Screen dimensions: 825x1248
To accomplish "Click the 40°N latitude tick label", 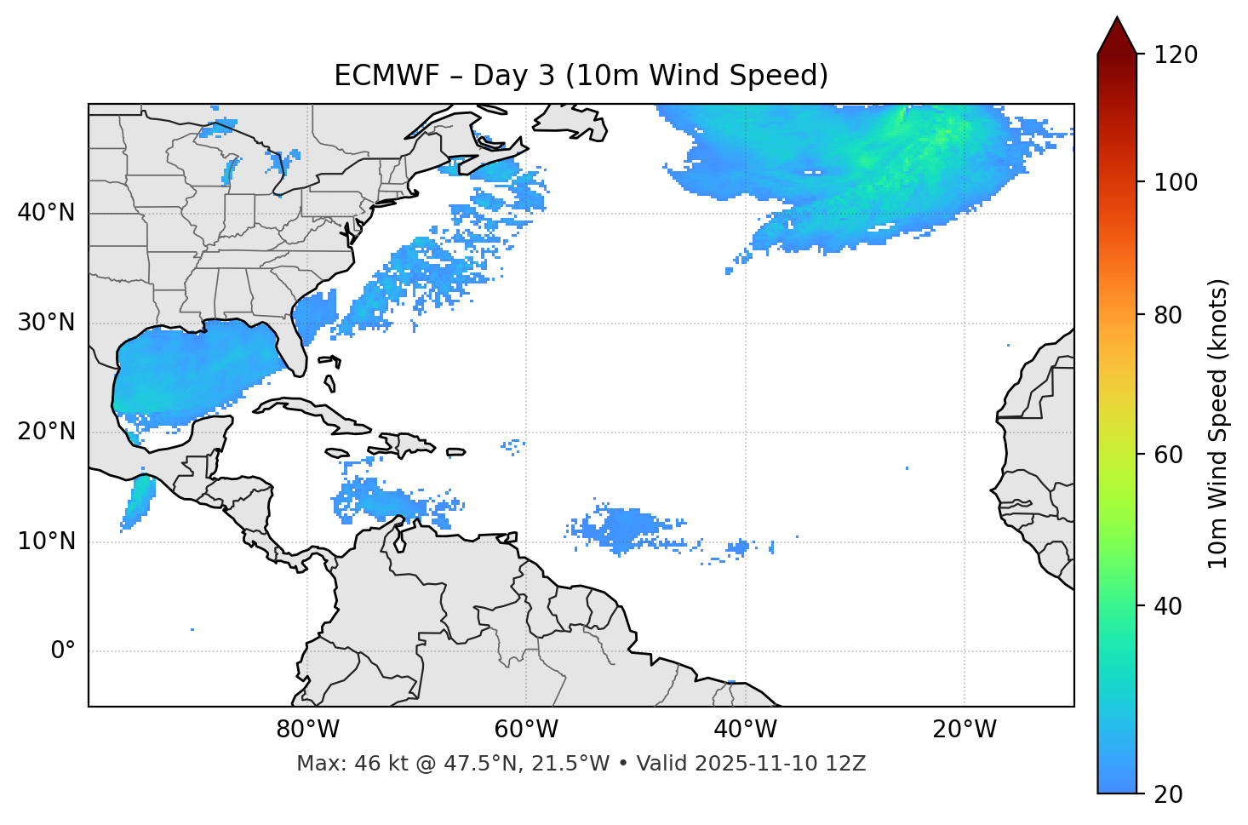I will coord(46,213).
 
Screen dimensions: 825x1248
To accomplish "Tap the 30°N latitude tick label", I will coord(46,323).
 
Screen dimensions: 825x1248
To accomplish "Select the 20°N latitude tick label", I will coord(46,432).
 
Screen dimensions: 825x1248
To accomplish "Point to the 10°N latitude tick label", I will coord(46,541).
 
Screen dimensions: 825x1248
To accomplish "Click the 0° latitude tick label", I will coord(63,651).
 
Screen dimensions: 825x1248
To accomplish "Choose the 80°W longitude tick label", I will coord(307,730).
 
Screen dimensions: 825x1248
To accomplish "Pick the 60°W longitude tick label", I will coord(526,730).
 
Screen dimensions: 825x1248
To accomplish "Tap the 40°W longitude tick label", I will coord(745,730).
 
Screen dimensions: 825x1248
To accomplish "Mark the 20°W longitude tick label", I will coord(965,730).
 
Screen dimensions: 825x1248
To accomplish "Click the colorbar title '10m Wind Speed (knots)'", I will coord(1218,423).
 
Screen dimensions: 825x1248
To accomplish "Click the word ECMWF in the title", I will coord(386,76).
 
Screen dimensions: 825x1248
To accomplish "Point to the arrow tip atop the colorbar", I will coord(1117,19).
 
